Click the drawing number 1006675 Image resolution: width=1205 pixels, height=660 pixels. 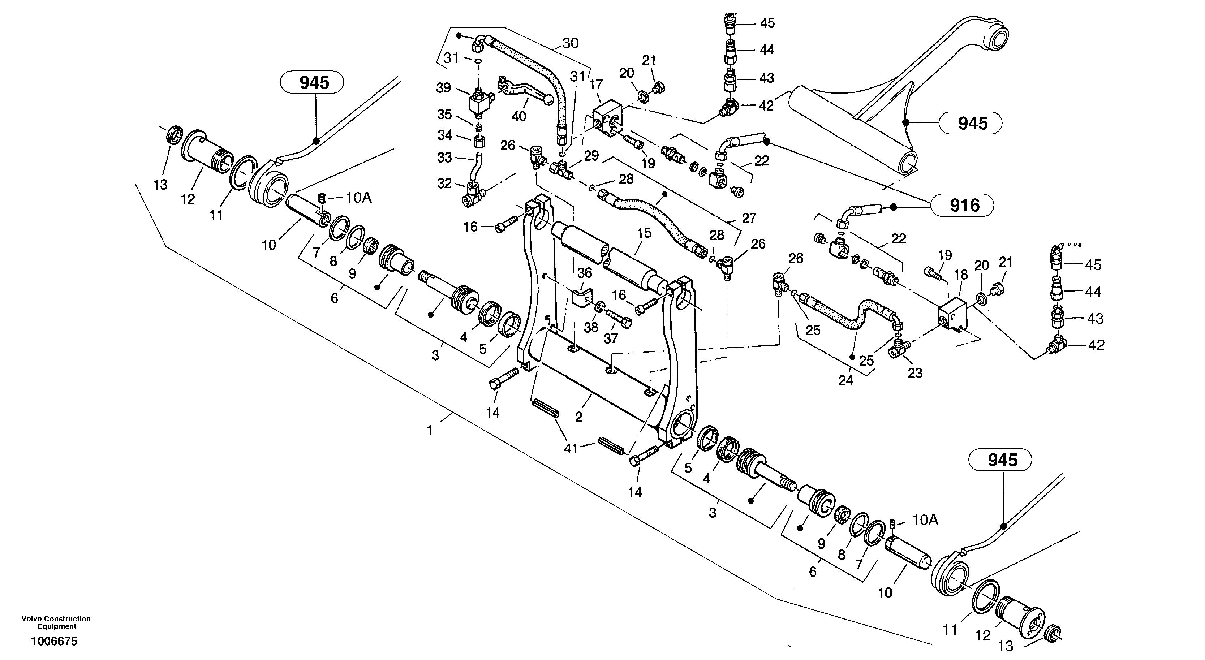pos(54,641)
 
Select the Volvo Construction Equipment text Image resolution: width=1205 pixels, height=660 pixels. pos(56,622)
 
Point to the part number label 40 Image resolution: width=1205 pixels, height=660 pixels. pos(519,116)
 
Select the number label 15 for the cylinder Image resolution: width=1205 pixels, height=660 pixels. pos(644,233)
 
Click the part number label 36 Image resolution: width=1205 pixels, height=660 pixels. pos(585,273)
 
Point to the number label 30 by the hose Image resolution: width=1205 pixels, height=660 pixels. pos(570,43)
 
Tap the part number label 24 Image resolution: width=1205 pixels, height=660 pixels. pos(845,381)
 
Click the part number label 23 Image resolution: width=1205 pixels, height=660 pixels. pos(915,373)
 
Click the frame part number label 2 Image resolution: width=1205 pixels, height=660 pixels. pos(578,417)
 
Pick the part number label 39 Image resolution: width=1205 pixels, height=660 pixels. pos(443,87)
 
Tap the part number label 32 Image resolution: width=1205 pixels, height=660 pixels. pos(444,184)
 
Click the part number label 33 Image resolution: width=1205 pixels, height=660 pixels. pos(444,157)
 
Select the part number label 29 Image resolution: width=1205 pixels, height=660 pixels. pos(591,156)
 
